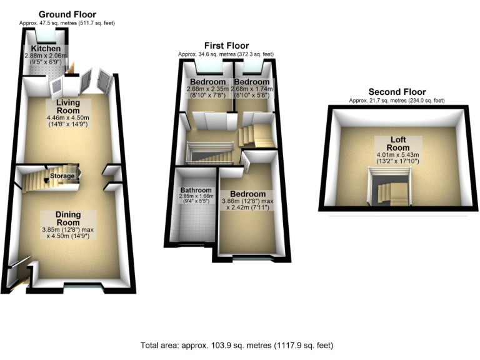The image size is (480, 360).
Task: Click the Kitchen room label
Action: (47, 48)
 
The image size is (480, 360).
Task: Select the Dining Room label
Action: (67, 218)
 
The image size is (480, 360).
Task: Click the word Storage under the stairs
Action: (63, 176)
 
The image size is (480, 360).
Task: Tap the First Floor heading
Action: (226, 45)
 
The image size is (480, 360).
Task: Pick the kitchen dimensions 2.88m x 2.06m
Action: (47, 59)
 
